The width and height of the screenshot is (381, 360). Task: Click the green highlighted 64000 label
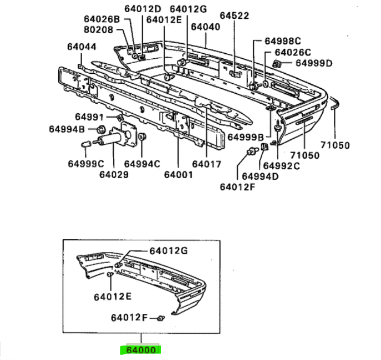[141, 349]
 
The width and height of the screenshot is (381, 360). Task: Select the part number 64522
[235, 16]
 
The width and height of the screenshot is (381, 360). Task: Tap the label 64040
[205, 27]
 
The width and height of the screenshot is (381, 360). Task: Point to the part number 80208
[99, 29]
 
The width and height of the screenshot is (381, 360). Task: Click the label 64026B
[102, 19]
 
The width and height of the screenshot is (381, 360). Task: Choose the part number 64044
[82, 47]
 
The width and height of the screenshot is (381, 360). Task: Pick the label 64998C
[283, 41]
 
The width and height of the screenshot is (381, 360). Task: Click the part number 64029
[114, 175]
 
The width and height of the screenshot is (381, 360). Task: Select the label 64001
[179, 175]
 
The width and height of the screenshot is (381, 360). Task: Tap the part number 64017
[206, 164]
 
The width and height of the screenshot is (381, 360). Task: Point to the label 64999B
[246, 138]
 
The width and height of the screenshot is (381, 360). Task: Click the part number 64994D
[260, 176]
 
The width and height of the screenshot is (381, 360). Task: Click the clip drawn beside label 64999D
[277, 64]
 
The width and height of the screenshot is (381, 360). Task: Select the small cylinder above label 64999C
[85, 144]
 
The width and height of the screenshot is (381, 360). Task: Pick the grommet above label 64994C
[142, 136]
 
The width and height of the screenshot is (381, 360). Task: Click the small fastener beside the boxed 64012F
[161, 318]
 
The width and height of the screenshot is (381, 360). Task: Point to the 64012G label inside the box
[169, 251]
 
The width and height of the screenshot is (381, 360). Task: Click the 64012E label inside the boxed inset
[113, 297]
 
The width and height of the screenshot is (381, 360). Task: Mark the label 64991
[89, 117]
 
